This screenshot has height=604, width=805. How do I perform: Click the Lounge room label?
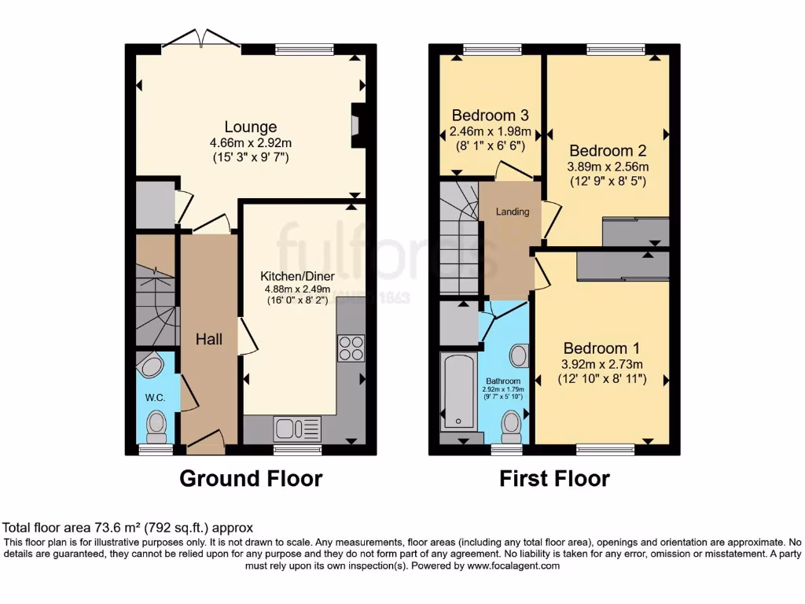point(250,127)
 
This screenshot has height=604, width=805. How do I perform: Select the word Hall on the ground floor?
point(209,340)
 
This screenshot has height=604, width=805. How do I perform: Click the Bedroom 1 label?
point(602,348)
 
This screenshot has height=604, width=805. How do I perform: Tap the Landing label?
point(512,212)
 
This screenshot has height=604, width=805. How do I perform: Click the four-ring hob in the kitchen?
point(351,348)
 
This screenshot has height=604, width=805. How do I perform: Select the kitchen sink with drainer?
point(297,428)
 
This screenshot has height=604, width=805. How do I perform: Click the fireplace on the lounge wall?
point(358,125)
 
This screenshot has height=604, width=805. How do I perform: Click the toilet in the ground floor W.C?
point(157,426)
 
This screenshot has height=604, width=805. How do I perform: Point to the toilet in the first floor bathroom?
point(512,428)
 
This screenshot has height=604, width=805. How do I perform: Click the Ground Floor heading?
point(251,478)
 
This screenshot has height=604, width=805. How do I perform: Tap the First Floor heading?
point(554,478)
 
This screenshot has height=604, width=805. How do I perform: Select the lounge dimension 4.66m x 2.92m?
point(250,143)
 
